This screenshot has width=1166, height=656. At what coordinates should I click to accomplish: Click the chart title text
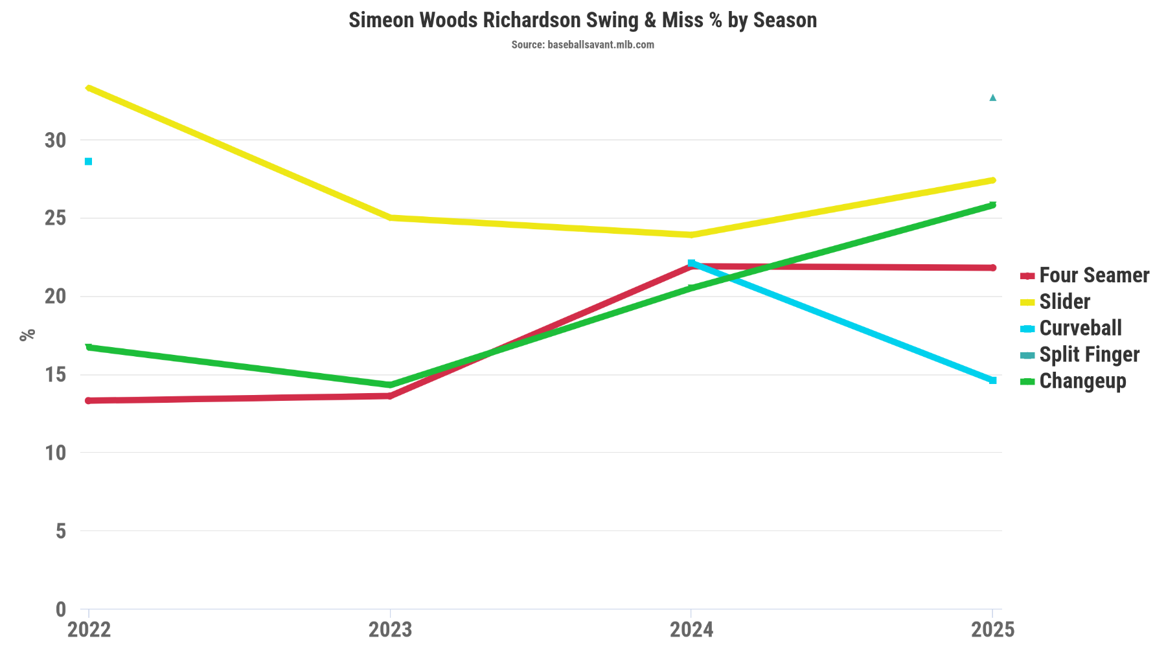pyautogui.click(x=582, y=20)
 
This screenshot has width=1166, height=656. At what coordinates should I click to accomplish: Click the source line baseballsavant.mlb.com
pyautogui.click(x=582, y=45)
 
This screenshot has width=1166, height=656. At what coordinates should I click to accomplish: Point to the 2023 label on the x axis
pyautogui.click(x=390, y=629)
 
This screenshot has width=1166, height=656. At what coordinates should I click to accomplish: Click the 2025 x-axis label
pyautogui.click(x=992, y=629)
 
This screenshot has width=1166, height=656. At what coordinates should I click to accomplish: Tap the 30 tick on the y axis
pyautogui.click(x=56, y=140)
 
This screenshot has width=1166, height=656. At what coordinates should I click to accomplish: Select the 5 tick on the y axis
pyautogui.click(x=61, y=531)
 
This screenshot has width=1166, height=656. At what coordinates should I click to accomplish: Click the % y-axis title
pyautogui.click(x=27, y=335)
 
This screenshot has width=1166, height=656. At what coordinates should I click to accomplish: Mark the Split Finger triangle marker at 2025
pyautogui.click(x=992, y=98)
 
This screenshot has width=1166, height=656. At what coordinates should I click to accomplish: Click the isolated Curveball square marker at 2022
pyautogui.click(x=89, y=161)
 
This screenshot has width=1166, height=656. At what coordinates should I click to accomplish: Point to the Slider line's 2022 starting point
pyautogui.click(x=89, y=87)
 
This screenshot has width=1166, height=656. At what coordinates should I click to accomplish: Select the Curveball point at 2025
pyautogui.click(x=992, y=380)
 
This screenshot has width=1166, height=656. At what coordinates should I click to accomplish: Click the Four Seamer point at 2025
pyautogui.click(x=992, y=267)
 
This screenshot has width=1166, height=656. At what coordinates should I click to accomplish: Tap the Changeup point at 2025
pyautogui.click(x=992, y=205)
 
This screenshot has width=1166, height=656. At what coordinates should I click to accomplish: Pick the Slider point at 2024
pyautogui.click(x=691, y=234)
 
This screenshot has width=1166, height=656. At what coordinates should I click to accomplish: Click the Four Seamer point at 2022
pyautogui.click(x=89, y=400)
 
